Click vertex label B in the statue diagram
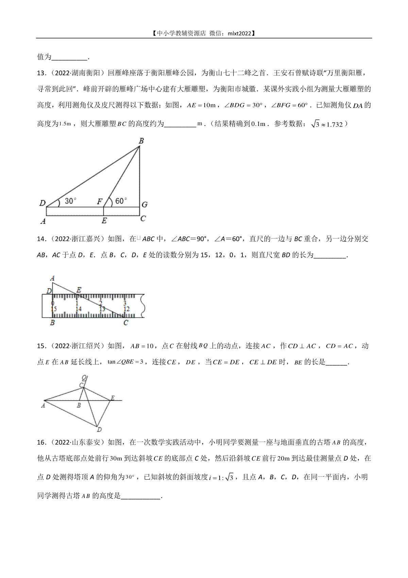(141, 141)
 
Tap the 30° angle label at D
(70, 201)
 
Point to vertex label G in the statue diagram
(144, 205)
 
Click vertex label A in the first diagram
(43, 221)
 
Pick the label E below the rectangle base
(104, 221)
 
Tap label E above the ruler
(79, 290)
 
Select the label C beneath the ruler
(126, 322)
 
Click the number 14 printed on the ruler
(78, 309)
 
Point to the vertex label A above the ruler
(52, 278)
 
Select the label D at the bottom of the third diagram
(99, 430)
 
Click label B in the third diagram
(79, 405)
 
